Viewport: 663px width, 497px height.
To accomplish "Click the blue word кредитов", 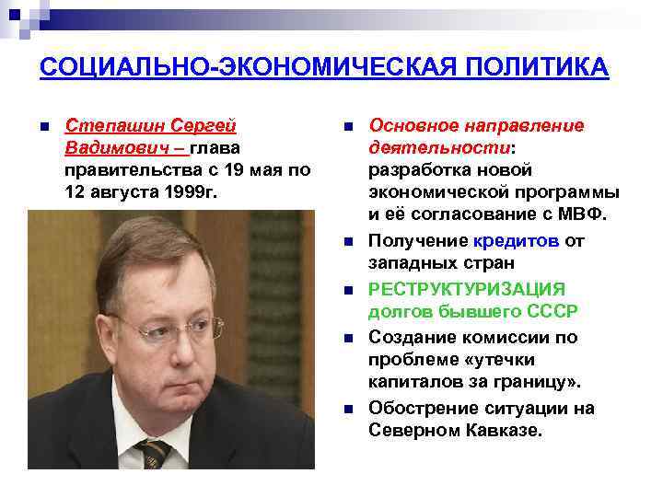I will coord(515,241).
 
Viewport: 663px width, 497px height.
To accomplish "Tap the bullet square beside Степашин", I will coord(44,126).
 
